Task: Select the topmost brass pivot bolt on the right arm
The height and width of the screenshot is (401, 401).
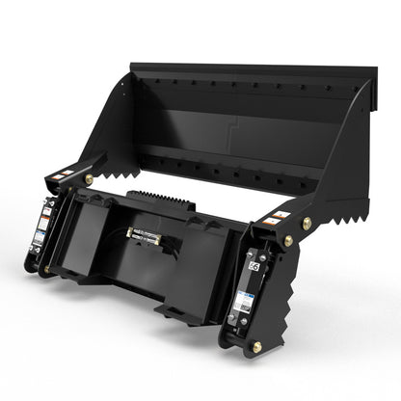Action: [307, 224]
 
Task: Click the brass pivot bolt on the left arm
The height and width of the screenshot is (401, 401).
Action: [89, 179]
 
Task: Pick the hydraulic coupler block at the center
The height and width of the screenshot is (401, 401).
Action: [145, 232]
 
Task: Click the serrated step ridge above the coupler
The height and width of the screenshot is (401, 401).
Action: [150, 198]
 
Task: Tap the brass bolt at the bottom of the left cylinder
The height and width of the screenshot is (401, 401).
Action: [43, 271]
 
